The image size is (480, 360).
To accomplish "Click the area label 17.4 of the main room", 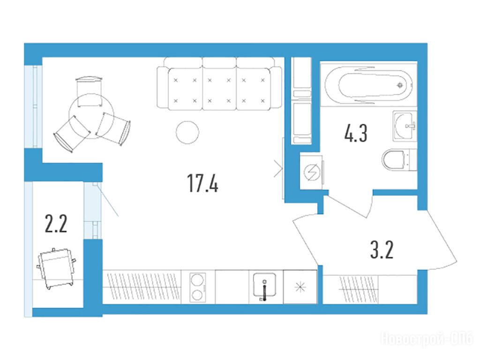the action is pyautogui.click(x=202, y=183).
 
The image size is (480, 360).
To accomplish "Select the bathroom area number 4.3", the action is pyautogui.click(x=356, y=133).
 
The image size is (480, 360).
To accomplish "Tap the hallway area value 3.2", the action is pyautogui.click(x=382, y=250).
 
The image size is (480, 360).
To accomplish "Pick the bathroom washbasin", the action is pyautogui.click(x=405, y=126).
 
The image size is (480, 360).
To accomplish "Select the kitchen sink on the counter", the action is pyautogui.click(x=264, y=287).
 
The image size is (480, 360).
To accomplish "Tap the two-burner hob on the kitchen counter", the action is pyautogui.click(x=197, y=287).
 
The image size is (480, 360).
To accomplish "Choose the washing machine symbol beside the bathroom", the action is pyautogui.click(x=312, y=172).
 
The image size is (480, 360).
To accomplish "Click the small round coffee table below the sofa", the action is pyautogui.click(x=187, y=132).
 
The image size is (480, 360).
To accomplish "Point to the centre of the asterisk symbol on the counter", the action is pyautogui.click(x=300, y=287).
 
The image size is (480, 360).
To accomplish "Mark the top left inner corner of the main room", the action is pyautogui.click(x=42, y=57).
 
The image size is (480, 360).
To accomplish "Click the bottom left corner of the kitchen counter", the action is pyautogui.click(x=103, y=304).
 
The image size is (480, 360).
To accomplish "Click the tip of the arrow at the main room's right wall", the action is pyautogui.click(x=282, y=168).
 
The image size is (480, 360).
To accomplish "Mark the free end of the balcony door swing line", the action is pyautogui.click(x=119, y=216).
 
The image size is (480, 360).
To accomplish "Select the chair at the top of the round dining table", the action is pyautogui.click(x=89, y=91).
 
